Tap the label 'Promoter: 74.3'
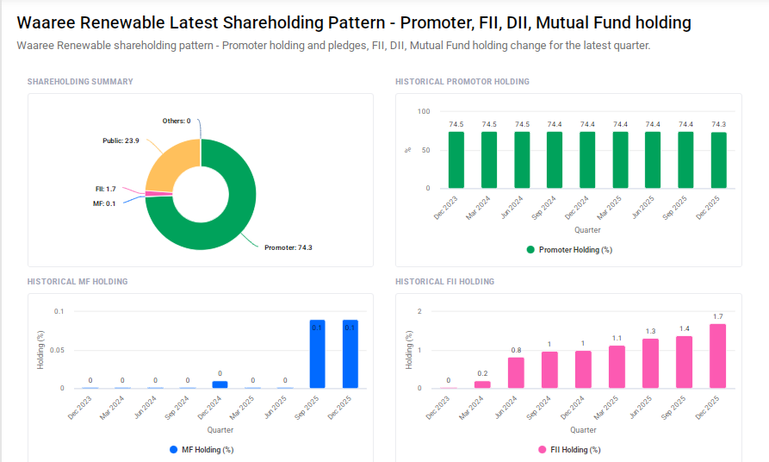pos(288,247)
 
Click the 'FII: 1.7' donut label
pos(105,189)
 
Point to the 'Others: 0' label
pos(177,121)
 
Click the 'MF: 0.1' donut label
pos(104,203)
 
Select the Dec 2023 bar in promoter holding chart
pos(456,159)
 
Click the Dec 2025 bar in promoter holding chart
pos(718,159)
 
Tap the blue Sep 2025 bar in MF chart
pos(317,354)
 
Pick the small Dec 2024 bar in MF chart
pos(220,384)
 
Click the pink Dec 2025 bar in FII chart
pos(717,356)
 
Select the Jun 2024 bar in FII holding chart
pos(516,372)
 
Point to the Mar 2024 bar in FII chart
pos(482,384)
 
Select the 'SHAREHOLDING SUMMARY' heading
pos(80,82)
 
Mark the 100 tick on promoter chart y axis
pos(423,112)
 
